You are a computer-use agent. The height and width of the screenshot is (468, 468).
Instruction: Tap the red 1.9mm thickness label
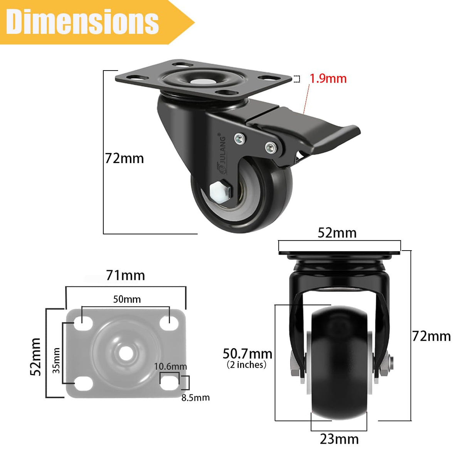[x=328, y=79]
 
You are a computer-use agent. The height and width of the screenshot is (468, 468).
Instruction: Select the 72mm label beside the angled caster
[x=125, y=158]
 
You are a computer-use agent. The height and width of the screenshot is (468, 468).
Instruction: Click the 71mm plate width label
[x=126, y=275]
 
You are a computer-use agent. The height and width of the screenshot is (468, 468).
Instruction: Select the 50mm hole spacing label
[x=127, y=299]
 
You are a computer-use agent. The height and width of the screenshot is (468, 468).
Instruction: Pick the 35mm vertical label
[x=56, y=360]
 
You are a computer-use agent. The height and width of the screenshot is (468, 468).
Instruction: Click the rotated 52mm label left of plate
[x=36, y=357]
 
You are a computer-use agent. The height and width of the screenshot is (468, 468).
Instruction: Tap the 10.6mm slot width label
[x=170, y=366]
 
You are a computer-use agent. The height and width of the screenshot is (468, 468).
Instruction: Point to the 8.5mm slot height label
[x=195, y=397]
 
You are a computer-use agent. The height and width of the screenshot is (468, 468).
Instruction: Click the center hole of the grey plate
[x=126, y=353]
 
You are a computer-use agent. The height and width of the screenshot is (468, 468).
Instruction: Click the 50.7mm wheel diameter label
[x=247, y=354]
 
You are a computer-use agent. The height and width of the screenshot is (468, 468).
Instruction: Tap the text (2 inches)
[x=247, y=365]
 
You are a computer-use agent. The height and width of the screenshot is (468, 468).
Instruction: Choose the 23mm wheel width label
[x=339, y=439]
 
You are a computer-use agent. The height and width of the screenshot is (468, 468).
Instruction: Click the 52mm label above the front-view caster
[x=337, y=233]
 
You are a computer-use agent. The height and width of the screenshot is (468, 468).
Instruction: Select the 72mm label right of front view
[x=431, y=336]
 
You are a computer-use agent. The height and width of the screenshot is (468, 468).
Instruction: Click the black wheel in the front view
[x=339, y=362]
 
